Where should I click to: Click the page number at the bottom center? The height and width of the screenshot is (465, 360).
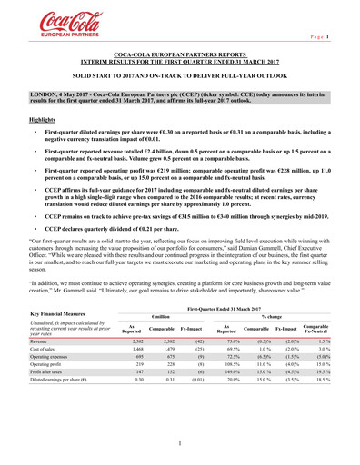click(x=180, y=444)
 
